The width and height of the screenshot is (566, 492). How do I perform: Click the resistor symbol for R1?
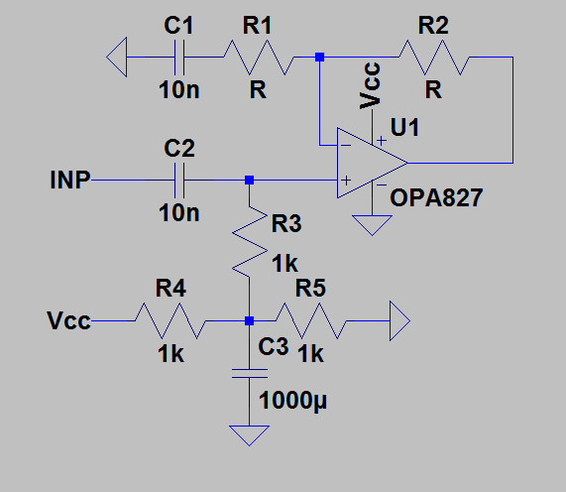[259, 58]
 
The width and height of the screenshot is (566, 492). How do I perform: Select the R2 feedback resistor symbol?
[434, 58]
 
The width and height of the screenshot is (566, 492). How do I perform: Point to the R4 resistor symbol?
[170, 320]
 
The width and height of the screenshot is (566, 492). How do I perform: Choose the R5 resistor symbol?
[311, 320]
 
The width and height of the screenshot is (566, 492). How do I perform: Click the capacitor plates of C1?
[179, 58]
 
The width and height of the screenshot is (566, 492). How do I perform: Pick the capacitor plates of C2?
[179, 180]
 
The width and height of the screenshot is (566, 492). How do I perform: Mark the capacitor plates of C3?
[250, 374]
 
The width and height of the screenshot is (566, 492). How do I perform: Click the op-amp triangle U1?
[373, 163]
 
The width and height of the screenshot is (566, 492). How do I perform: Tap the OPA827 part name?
[436, 197]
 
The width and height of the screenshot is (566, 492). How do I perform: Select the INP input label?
[70, 180]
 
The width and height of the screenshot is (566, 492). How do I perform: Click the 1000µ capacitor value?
[292, 401]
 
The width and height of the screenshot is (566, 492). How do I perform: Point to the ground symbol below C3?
[250, 435]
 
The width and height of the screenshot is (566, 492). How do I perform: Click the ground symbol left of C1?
[117, 58]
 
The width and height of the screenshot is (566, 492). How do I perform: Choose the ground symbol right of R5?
[399, 320]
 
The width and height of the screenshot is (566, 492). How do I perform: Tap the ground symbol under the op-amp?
[372, 225]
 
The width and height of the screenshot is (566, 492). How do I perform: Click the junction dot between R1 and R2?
[320, 58]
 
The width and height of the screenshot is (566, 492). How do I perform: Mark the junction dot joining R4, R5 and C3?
[250, 320]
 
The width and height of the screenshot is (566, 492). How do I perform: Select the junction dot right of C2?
[250, 180]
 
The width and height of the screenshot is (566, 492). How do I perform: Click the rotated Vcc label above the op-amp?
[370, 85]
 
